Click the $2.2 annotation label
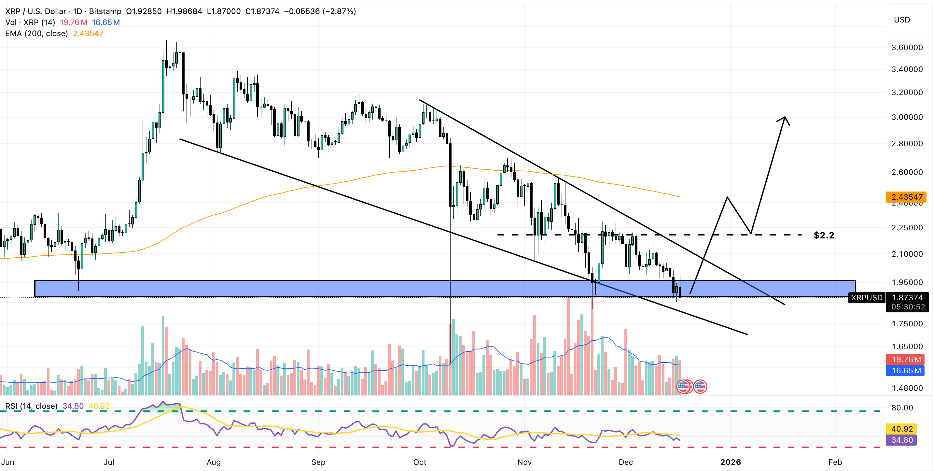pos(824,235)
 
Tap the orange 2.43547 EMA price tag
pos(906,197)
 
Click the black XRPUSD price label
pos(867,297)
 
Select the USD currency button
pos(902,20)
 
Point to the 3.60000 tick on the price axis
pos(907,48)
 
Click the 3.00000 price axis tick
pos(907,117)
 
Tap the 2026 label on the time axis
pos(731,462)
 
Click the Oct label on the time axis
pos(420,462)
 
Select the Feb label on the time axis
pos(835,462)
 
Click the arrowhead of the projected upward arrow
pos(785,118)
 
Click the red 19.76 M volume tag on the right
pos(906,359)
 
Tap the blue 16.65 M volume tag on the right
pos(906,370)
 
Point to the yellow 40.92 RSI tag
pos(902,429)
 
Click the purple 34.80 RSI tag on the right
pos(902,440)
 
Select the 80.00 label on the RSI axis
pos(902,407)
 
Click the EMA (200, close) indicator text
pos(36,33)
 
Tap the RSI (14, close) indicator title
pos(31,406)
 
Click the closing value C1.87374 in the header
pos(262,11)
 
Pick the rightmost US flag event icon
pos(700,387)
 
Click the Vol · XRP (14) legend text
pos(30,22)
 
